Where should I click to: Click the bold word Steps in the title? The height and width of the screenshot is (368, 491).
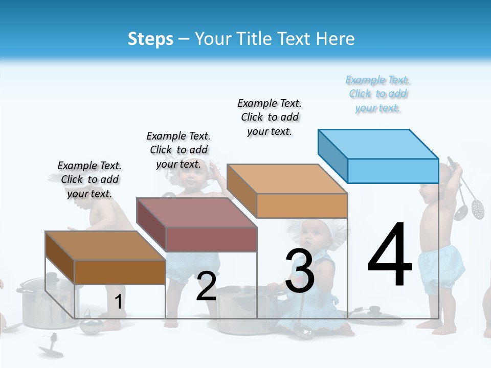(x=150, y=39)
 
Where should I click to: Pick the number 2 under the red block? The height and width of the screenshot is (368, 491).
(x=206, y=286)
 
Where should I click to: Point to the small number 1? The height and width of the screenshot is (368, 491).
(x=118, y=302)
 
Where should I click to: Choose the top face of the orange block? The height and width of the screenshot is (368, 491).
(x=287, y=178)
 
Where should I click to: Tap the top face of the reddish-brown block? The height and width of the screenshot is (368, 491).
(x=196, y=212)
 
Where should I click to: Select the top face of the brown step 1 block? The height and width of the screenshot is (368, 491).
(x=105, y=246)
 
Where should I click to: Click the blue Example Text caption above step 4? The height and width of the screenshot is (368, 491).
(x=378, y=94)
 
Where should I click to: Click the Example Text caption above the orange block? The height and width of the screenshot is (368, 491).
(x=270, y=117)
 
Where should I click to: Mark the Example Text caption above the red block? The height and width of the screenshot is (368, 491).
(x=178, y=150)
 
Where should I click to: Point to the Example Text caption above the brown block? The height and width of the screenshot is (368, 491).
(x=90, y=179)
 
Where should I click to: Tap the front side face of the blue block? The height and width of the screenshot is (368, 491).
(x=393, y=171)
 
